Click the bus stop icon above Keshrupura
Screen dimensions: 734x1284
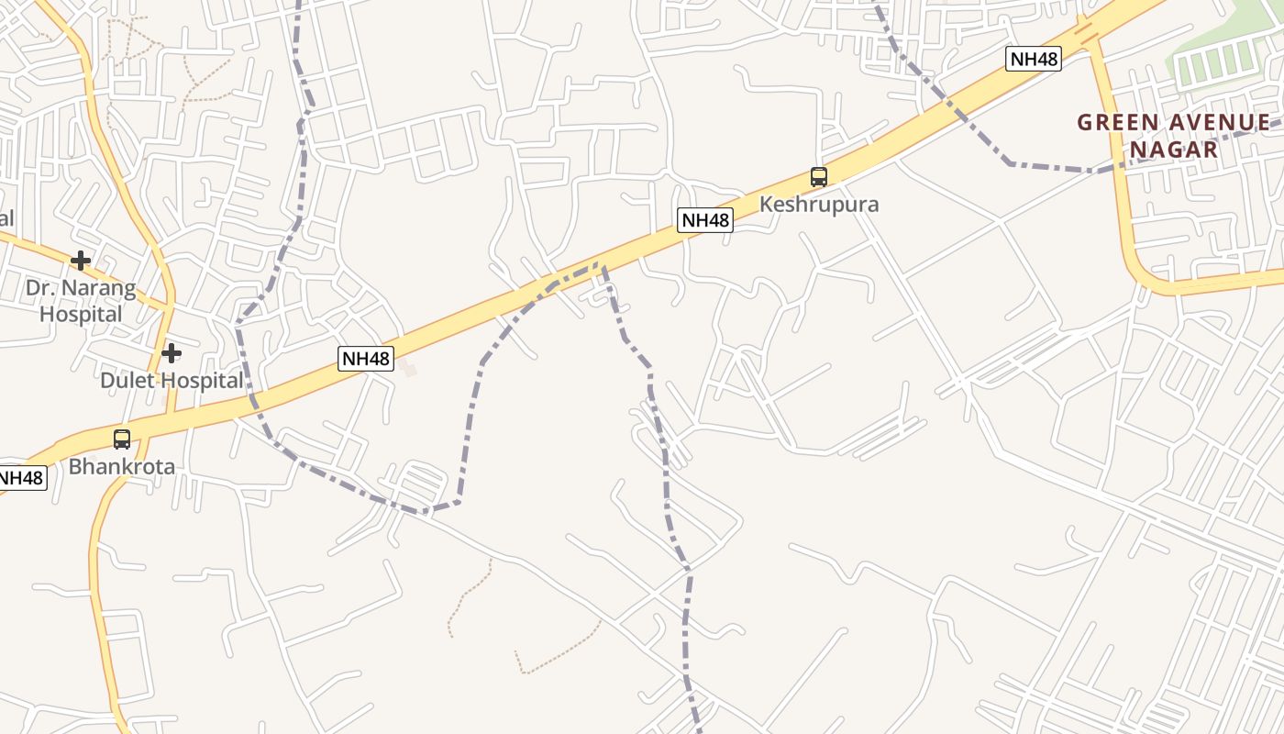[819, 177]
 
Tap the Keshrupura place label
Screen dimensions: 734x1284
[819, 204]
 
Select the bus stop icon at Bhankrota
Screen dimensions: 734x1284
[122, 439]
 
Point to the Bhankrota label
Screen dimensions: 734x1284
[122, 466]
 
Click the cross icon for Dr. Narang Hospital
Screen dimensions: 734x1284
[81, 261]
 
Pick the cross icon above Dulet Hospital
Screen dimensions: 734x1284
[172, 353]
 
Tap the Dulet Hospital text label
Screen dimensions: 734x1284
[172, 380]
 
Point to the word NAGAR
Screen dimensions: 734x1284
[1174, 149]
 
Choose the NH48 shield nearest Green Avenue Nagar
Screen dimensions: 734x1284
[1034, 60]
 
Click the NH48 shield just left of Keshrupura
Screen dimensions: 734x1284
[705, 220]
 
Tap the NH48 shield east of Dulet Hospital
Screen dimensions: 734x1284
[366, 359]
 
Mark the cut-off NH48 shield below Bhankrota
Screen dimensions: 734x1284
[20, 478]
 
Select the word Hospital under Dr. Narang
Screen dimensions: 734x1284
[81, 314]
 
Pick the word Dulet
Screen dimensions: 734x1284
[127, 380]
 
